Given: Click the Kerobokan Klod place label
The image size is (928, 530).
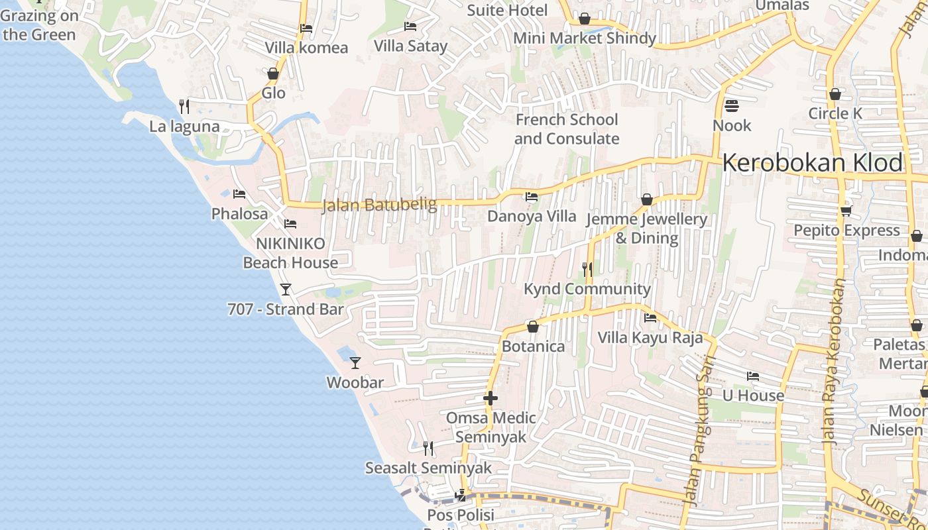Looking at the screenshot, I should pos(813,162).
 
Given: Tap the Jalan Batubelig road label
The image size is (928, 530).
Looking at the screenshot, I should pos(379,205).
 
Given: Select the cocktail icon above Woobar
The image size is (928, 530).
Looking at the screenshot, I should pos(355,362).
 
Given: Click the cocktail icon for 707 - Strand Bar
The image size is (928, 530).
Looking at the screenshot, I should pos(286,290).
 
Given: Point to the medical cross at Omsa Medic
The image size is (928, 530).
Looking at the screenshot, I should pos(491,398).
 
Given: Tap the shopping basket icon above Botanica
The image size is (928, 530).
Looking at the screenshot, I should pos(532,327).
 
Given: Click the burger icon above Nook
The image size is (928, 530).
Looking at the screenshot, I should pos(732,106).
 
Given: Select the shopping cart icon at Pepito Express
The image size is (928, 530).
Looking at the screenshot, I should pos(846,211).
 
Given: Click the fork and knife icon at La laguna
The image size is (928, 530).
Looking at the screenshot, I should pos(184,106).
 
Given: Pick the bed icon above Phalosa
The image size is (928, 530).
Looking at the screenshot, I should pos(239,194).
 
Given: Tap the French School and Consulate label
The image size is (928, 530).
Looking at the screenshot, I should pos(567,129).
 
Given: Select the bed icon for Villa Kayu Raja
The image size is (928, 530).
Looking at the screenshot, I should pos(650,318).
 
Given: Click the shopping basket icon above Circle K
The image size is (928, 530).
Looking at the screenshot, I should pos(835,94).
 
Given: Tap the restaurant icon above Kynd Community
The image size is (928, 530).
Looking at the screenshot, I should pos(587,269).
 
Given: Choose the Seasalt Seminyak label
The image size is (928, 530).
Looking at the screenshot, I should pos(428,468).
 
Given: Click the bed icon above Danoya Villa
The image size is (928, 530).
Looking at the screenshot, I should pos(532,197).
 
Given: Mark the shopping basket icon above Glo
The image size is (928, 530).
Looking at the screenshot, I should pos(273,74).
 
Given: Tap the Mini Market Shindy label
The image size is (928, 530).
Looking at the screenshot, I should pos(585,38).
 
